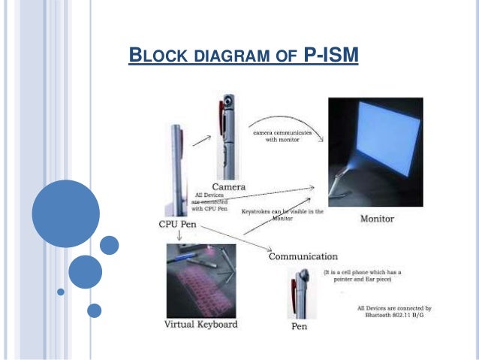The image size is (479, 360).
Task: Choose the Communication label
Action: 303,257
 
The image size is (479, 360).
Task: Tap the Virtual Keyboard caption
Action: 200,325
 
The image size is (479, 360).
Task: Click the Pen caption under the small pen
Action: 298,328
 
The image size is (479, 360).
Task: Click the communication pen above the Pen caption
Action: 298,295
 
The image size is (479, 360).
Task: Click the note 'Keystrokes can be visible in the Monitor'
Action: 282,215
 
